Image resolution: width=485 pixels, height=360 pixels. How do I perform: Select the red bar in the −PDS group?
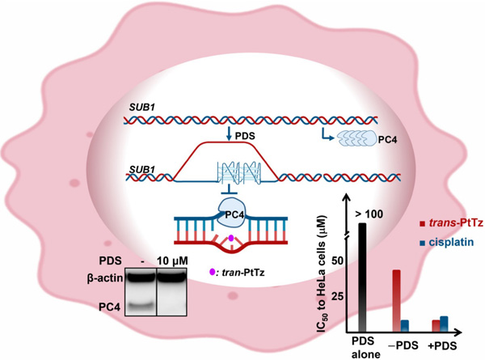396,300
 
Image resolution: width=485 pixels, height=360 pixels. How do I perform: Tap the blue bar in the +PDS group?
444,324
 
